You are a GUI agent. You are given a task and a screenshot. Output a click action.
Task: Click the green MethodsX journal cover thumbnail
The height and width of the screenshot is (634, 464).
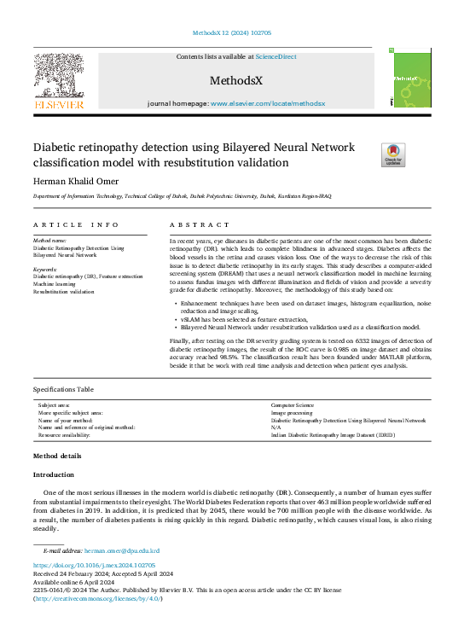click(x=403, y=78)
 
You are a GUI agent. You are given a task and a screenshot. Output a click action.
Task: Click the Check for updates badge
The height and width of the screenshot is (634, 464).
click(x=369, y=155)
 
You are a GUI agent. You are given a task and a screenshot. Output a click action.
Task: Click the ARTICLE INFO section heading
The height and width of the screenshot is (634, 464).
click(x=76, y=225)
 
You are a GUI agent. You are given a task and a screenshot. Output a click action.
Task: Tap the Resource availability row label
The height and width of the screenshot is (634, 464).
click(x=71, y=434)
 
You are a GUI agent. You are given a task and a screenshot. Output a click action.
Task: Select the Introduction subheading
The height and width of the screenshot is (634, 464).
click(x=54, y=474)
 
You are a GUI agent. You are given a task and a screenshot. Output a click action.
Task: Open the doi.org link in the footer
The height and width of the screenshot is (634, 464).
click(x=94, y=541)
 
